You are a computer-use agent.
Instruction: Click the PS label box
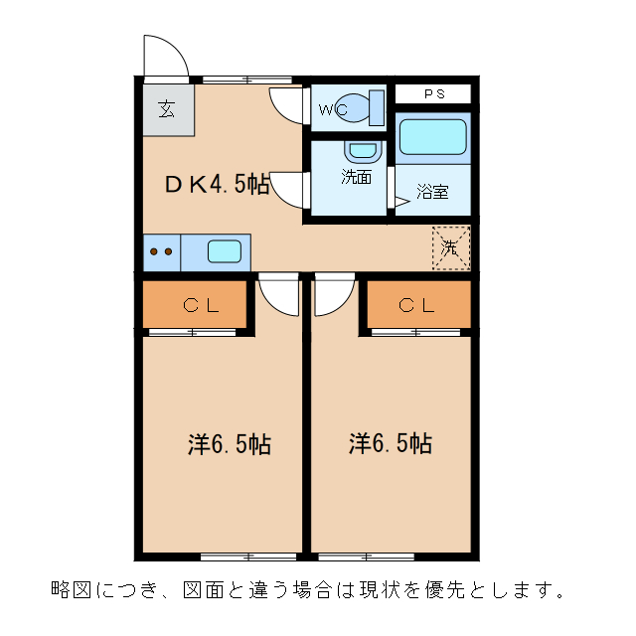click(x=433, y=94)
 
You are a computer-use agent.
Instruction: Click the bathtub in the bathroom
click(x=432, y=138)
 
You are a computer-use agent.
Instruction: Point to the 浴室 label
click(x=432, y=191)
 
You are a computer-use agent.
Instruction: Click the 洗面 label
click(x=356, y=179)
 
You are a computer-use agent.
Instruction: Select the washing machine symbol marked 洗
click(x=450, y=247)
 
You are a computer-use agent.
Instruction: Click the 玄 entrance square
click(x=166, y=109)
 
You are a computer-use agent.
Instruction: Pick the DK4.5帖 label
click(x=217, y=184)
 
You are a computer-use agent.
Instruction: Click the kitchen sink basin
click(x=225, y=251)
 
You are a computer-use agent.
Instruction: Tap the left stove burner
click(x=154, y=252)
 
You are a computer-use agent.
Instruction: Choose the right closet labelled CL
click(x=417, y=305)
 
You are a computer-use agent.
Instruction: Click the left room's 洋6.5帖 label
click(x=229, y=443)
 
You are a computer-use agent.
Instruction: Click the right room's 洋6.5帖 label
click(x=390, y=443)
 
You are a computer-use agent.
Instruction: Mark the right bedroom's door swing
click(x=334, y=295)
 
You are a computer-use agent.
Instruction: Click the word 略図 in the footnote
click(x=73, y=589)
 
